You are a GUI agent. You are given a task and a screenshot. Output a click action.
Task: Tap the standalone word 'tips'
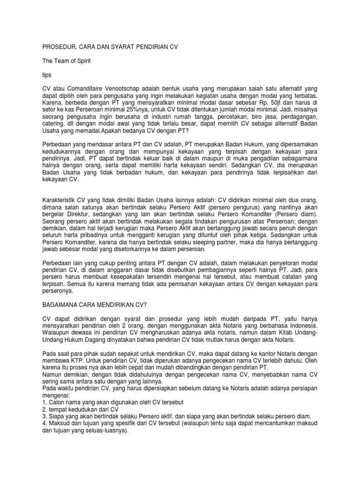(46, 75)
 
